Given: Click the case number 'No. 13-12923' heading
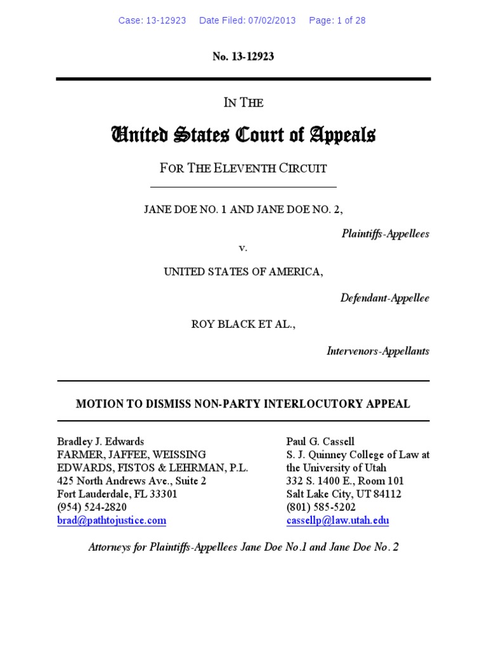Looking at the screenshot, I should click(243, 57).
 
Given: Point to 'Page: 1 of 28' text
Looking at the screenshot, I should click(337, 20).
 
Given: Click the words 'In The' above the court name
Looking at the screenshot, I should click(243, 103).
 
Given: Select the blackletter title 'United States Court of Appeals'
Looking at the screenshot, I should click(243, 135).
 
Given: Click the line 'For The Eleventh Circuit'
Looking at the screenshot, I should click(243, 169).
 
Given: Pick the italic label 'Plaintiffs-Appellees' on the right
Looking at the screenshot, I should click(385, 234).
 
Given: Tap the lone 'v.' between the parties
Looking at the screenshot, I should click(243, 248).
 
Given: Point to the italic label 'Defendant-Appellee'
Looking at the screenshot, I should click(384, 298).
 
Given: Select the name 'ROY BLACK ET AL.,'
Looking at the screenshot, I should click(243, 324).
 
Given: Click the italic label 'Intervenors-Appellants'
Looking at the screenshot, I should click(377, 350).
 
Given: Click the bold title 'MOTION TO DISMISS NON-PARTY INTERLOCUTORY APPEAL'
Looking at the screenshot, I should click(243, 404).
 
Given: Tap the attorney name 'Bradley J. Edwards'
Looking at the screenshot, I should click(100, 441).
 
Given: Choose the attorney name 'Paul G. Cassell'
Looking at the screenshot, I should click(320, 441).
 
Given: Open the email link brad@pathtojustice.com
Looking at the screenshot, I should click(112, 521).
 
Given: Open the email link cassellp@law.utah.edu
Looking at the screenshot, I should click(337, 521).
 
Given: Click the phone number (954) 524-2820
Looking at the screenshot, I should click(91, 508).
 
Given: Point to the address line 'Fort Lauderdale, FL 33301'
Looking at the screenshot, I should click(117, 494).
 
